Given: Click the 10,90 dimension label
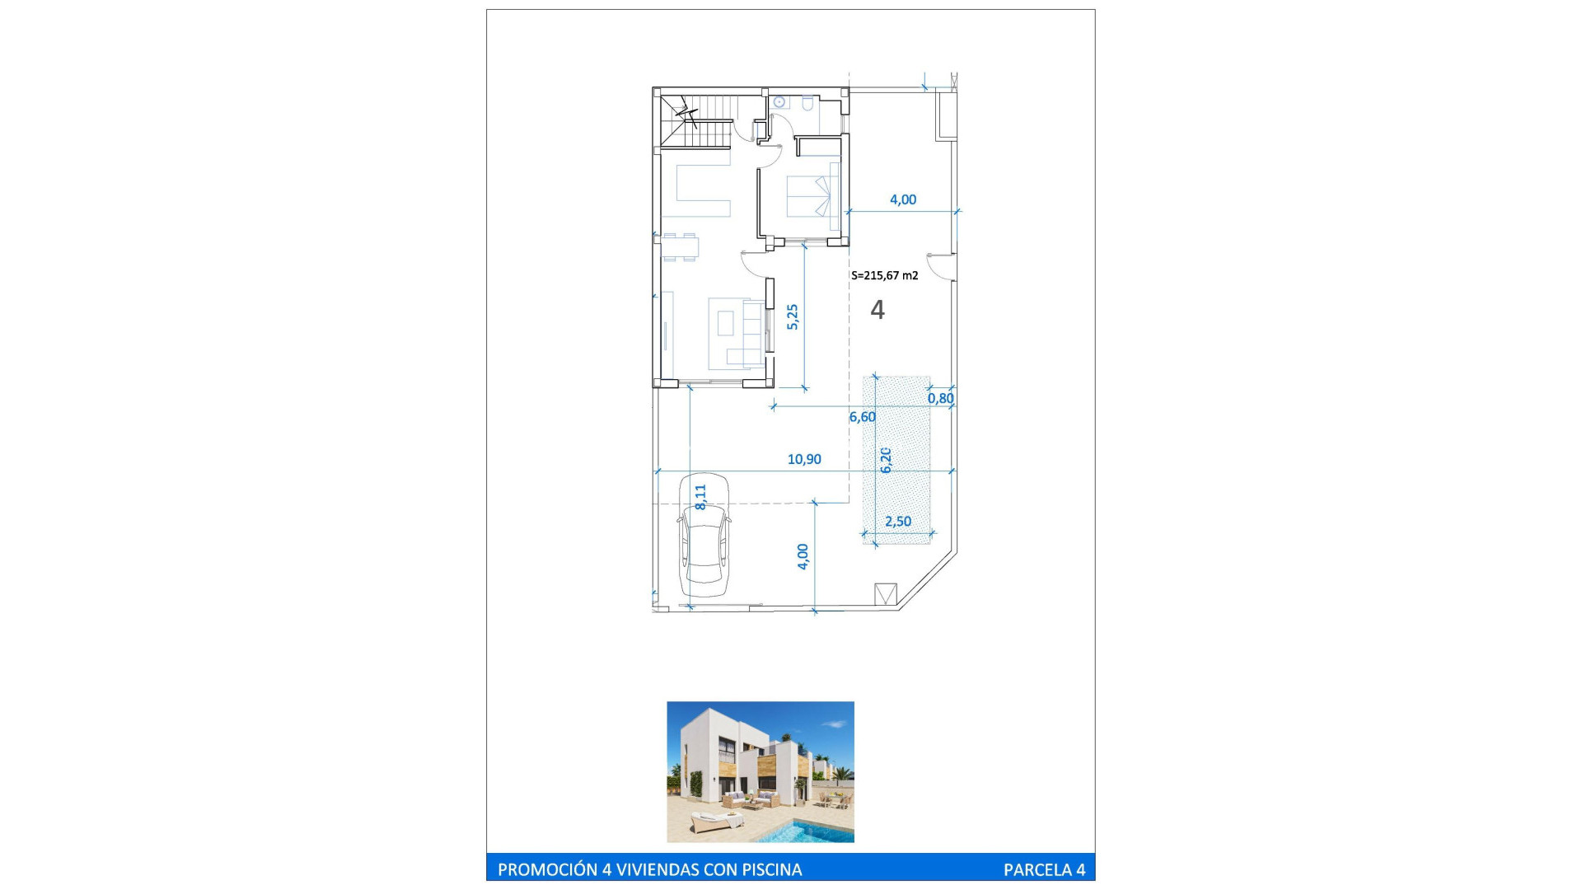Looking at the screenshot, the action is (x=804, y=459).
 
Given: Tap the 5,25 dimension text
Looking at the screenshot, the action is (x=793, y=317).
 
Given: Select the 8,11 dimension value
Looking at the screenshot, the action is (x=700, y=497).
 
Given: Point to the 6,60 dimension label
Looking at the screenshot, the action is (x=863, y=417).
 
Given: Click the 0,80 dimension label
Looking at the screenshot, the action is (x=941, y=398).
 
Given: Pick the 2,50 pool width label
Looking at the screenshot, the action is (x=898, y=521).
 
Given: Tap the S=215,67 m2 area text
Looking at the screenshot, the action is (x=885, y=275).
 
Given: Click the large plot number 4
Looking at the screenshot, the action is (x=878, y=310).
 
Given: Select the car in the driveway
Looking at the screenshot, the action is (x=704, y=536).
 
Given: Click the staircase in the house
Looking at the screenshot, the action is (x=696, y=121).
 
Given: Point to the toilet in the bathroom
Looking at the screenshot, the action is (x=808, y=104).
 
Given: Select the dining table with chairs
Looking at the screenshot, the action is (x=681, y=247).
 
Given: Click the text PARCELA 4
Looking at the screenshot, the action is (x=1044, y=869).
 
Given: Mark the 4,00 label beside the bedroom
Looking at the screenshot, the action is (x=903, y=199).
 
